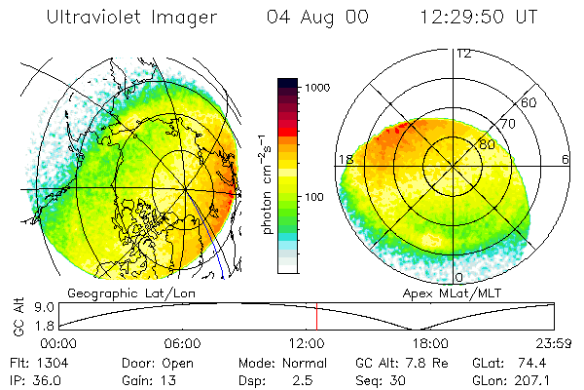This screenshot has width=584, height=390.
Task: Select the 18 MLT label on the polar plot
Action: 344,160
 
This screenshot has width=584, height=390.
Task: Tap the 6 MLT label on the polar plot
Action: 565,160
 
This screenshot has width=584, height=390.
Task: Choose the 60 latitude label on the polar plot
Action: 529,102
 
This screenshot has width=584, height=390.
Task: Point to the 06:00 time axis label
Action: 183,343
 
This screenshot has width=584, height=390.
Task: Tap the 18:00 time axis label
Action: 430,343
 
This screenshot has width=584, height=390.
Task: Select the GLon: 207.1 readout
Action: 529,378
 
